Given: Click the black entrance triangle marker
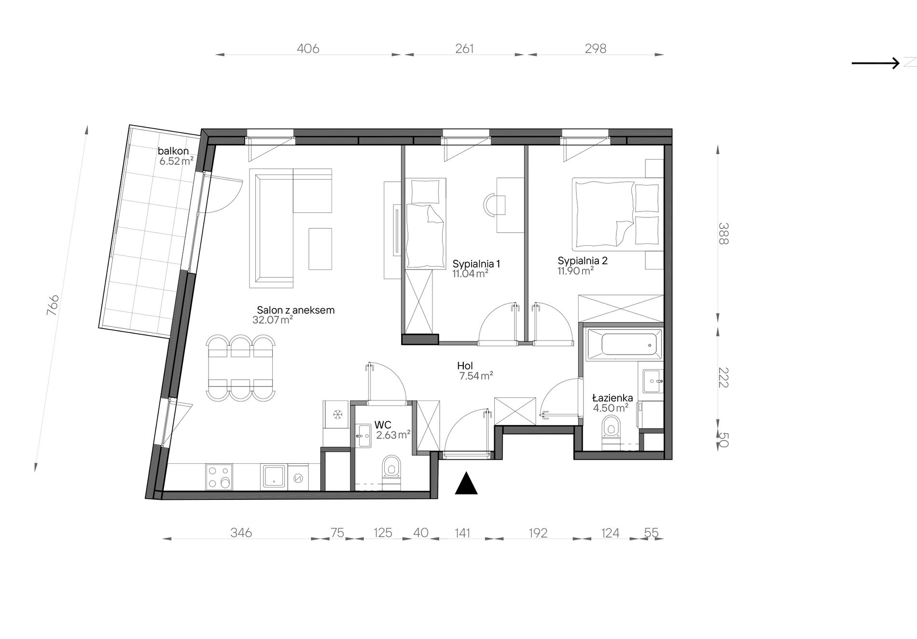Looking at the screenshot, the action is pos(466,484).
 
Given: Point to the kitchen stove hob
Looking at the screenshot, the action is pos(219,477).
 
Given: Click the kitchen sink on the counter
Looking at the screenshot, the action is pos(274,477).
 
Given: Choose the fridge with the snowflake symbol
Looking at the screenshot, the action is pos(336,414).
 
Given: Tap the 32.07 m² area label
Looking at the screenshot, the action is pos(273,320).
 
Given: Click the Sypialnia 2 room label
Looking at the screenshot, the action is pos(583,261).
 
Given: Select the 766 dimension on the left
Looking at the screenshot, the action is pos(53,305).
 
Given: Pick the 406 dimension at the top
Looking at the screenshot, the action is pos(308,49).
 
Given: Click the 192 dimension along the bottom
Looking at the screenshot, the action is pos(538,533).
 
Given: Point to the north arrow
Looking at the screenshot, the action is pos(875,63).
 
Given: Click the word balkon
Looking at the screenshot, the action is pos(173,151).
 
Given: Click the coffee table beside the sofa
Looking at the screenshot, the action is pos(320,249).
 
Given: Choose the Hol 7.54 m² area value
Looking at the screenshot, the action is pos(476,376).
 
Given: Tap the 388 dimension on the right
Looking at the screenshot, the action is pos(723,233).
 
